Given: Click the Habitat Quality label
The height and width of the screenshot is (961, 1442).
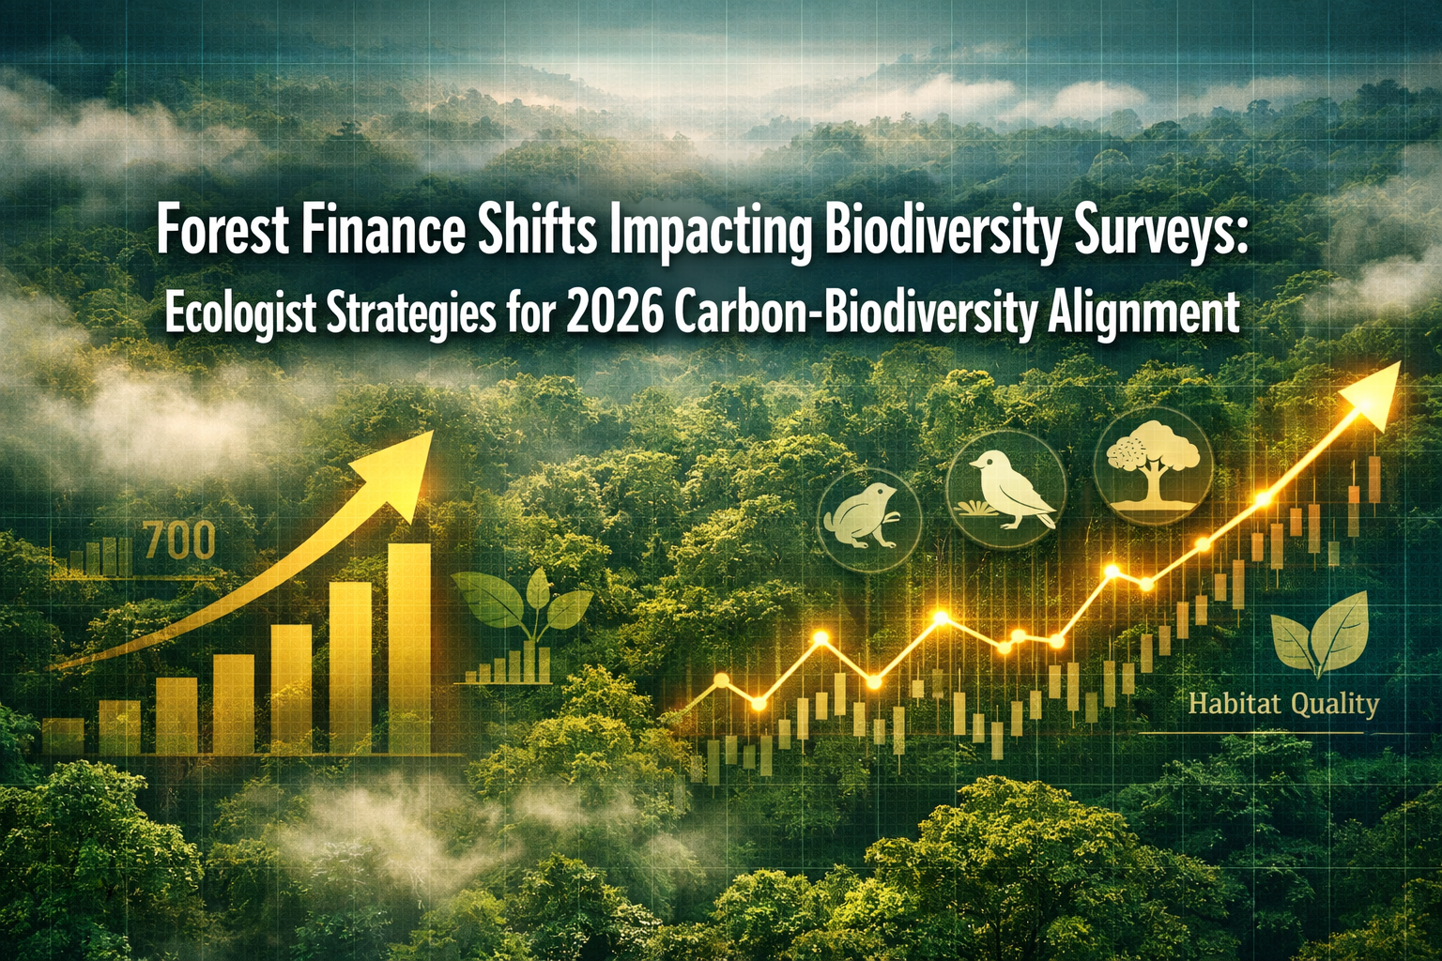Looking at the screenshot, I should (1282, 703).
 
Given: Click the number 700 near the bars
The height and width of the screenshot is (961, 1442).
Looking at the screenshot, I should (180, 542).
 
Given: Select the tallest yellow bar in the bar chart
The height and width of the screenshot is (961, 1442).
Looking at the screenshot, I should (409, 648).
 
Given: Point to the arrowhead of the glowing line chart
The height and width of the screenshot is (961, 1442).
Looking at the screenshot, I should (1376, 391).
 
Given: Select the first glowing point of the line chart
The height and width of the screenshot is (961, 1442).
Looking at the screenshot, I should (721, 679).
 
